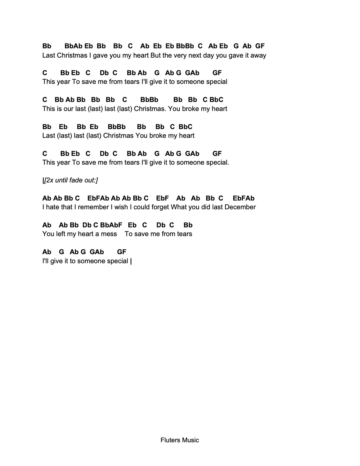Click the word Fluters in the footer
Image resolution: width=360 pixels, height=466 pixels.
[x=170, y=440]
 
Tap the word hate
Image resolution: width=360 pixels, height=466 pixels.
[x=53, y=207]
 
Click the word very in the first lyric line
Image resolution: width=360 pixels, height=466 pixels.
[x=180, y=55]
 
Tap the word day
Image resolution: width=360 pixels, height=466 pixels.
[x=209, y=55]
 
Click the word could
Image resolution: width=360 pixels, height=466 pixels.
[x=142, y=207]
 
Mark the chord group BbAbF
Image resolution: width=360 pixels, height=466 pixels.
[x=111, y=225]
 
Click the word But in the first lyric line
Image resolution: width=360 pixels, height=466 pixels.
[x=156, y=55]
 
